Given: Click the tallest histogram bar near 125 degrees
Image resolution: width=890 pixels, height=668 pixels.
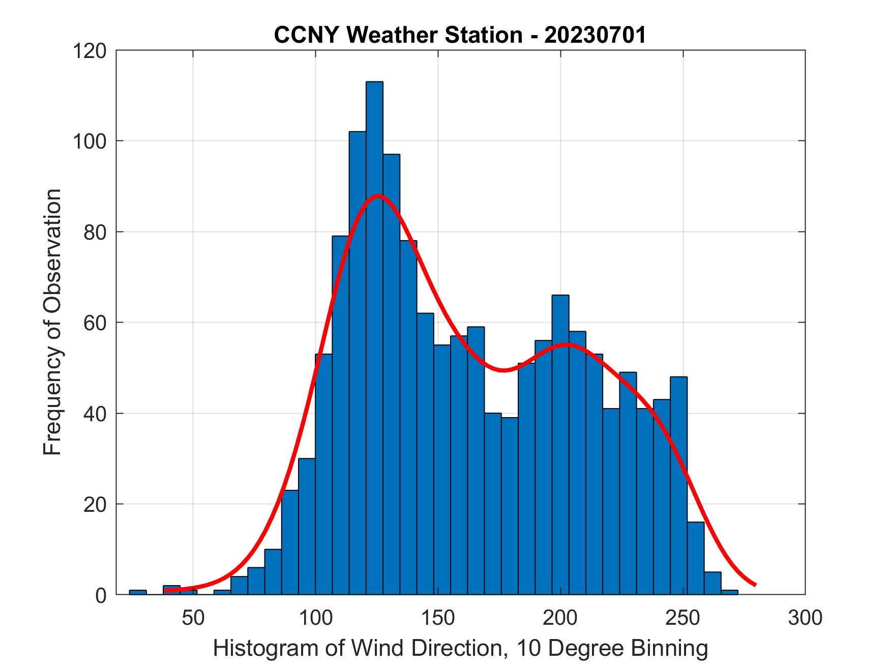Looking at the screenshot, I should tap(374, 336).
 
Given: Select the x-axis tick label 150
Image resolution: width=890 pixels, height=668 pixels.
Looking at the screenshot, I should tap(438, 618).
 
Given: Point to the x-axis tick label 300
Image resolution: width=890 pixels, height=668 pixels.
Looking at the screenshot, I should tap(805, 618).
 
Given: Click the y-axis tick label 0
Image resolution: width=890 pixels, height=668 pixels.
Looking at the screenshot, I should tap(101, 595).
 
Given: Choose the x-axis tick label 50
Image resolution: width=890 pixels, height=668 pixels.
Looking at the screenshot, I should tap(193, 618).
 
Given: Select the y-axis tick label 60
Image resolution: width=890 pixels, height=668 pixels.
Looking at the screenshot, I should tap(95, 323).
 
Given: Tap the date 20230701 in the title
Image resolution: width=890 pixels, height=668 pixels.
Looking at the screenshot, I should tap(596, 35).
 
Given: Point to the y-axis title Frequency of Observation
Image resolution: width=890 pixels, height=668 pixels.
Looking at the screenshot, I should tap(52, 322).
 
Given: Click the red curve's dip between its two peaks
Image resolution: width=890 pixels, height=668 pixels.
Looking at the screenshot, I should tap(502, 370).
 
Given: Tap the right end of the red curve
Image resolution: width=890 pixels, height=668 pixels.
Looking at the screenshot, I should tap(755, 585).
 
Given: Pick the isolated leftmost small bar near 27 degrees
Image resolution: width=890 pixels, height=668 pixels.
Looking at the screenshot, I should tap(138, 592).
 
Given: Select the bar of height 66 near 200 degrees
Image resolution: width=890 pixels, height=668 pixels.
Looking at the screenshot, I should tap(560, 443).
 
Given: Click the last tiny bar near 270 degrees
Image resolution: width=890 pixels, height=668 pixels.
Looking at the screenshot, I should tap(729, 592).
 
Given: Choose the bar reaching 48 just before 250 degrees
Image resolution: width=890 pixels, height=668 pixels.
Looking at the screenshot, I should tap(678, 483).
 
